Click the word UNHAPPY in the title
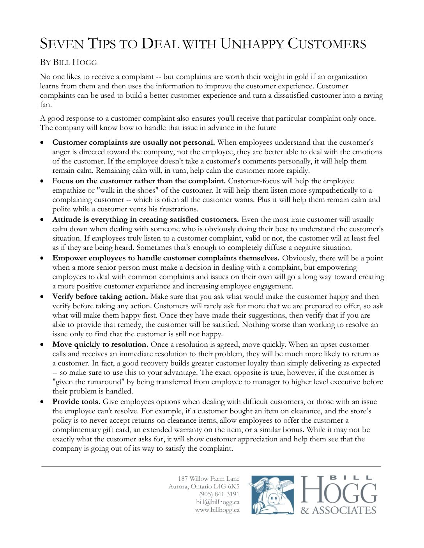point(252,44)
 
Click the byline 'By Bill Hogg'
point(68,62)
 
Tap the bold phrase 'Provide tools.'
point(76,402)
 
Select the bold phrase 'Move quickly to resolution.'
point(100,344)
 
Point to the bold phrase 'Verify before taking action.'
point(100,297)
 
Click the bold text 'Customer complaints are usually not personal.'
point(134,142)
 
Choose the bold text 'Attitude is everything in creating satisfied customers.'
point(145,220)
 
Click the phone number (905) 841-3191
point(219,494)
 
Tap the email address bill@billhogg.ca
point(217,502)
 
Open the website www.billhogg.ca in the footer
point(217,510)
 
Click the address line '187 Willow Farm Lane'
point(208,479)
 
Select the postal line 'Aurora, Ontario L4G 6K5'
point(204,487)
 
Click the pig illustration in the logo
point(272,495)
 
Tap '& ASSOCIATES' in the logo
point(338,510)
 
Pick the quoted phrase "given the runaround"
point(89,382)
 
